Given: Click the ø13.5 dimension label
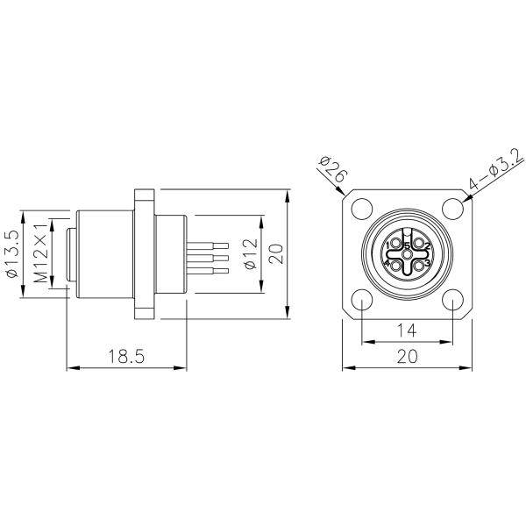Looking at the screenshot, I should click(13, 255).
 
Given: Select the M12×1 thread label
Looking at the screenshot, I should click(40, 254).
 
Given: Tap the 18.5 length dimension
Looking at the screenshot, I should click(124, 356).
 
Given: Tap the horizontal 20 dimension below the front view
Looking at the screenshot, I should click(406, 356).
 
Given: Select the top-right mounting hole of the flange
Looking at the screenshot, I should click(451, 210).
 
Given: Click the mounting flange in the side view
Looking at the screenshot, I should click(143, 253).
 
